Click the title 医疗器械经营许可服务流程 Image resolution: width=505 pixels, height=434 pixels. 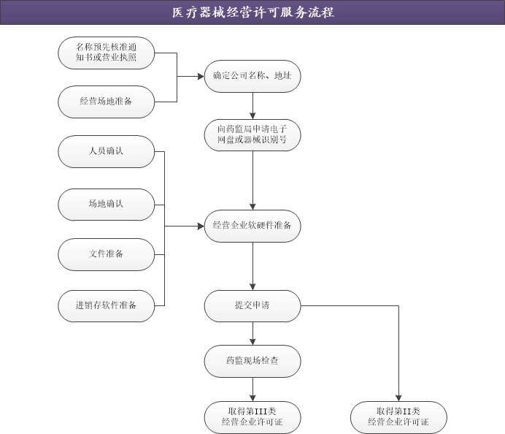click(252, 12)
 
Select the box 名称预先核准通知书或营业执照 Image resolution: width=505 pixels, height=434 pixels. click(107, 53)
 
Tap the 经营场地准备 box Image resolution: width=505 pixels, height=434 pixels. click(107, 102)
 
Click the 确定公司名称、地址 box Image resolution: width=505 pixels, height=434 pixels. click(252, 76)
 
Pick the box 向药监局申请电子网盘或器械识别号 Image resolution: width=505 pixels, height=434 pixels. click(252, 134)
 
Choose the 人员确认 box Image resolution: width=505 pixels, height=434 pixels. click(107, 151)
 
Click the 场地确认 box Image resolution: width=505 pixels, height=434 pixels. click(107, 204)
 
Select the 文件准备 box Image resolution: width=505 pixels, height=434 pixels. click(107, 254)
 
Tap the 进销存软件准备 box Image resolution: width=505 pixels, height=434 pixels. click(107, 305)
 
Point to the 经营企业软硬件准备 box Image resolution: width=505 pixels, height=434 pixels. click(252, 226)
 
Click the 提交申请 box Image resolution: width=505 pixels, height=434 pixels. click(252, 305)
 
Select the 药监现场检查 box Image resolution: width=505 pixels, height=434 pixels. click(252, 361)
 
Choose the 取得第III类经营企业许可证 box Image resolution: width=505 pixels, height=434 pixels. click(252, 416)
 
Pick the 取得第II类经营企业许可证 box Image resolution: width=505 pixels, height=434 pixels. click(398, 416)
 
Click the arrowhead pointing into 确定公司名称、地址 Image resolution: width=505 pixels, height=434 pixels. click(199, 76)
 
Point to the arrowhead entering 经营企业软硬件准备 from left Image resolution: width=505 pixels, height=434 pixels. click(199, 226)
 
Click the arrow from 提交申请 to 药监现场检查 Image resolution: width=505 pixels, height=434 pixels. click(252, 333)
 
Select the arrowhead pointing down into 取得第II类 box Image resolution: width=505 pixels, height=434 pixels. click(398, 397)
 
